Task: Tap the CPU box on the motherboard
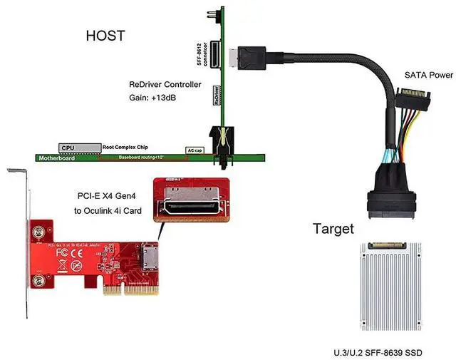pos(68,148)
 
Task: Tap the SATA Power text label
pos(428,74)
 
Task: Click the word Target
pos(333,230)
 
